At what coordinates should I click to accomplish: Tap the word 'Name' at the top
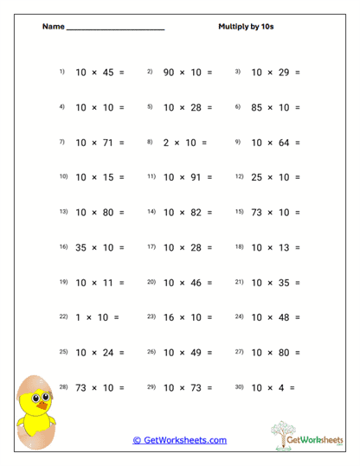pos(53,26)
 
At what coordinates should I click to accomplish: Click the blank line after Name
pos(115,29)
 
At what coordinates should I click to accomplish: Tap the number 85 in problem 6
pos(257,107)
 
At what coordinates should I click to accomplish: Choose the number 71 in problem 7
pos(108,142)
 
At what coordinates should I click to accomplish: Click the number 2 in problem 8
pos(166,142)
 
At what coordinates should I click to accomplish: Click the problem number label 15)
pos(240,211)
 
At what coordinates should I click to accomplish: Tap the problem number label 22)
pos(63,316)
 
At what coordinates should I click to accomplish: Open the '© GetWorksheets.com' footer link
pos(179,440)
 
